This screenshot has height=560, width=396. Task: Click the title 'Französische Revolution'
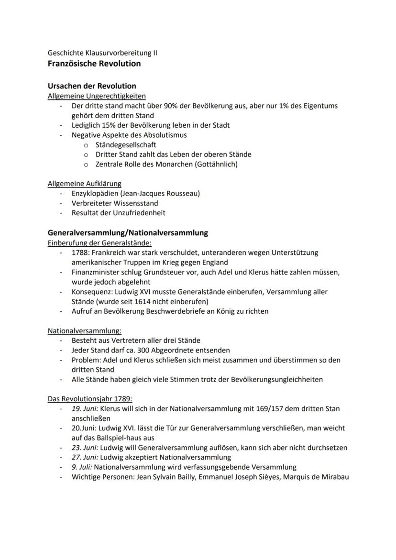click(x=94, y=63)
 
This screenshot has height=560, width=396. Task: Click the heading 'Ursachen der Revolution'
click(x=92, y=86)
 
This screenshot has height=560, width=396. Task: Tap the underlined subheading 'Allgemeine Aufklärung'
click(x=84, y=183)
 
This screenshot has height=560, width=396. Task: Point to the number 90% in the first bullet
click(x=171, y=106)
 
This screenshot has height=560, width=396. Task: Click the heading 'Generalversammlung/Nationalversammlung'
click(x=128, y=233)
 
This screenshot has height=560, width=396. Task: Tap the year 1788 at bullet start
click(x=79, y=253)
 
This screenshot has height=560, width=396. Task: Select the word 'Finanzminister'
click(x=94, y=272)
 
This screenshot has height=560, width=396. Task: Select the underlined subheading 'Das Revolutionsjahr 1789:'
click(x=90, y=399)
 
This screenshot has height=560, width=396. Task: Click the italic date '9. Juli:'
click(x=84, y=467)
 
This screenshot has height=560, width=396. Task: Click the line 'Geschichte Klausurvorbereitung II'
click(x=102, y=53)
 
